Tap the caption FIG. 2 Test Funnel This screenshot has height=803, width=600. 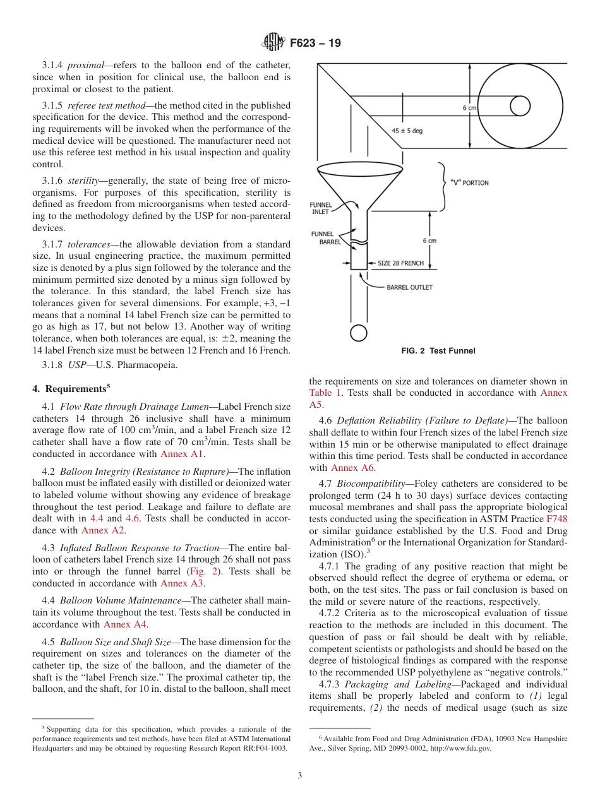[x=438, y=351]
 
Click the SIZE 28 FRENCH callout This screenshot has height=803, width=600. [x=400, y=263]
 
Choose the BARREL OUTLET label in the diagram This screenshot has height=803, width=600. [x=409, y=287]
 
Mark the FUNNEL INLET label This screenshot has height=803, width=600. [x=321, y=208]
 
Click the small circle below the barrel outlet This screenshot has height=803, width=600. [x=358, y=332]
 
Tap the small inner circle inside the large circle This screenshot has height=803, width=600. [x=519, y=106]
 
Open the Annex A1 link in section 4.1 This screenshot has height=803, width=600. [x=183, y=453]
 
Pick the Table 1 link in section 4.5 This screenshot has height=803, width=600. [x=325, y=393]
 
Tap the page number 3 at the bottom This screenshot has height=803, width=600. [x=299, y=775]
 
